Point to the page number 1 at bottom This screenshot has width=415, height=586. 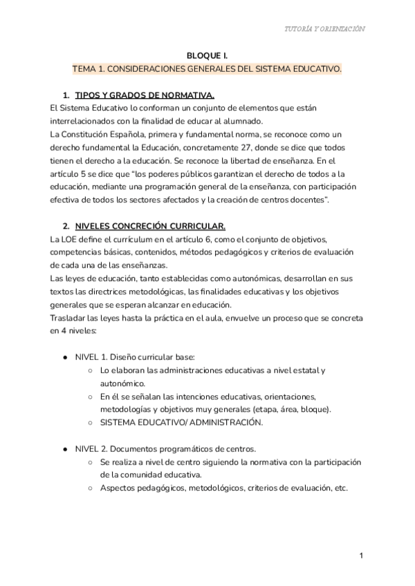pos(361,556)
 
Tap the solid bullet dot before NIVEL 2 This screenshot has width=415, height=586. pos(65,449)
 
